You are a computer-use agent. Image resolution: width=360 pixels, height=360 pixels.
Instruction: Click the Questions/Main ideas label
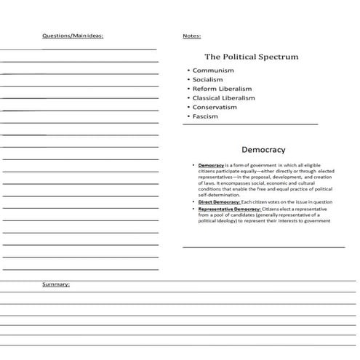click(x=73, y=36)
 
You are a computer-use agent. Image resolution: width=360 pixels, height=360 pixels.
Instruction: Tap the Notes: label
click(x=192, y=36)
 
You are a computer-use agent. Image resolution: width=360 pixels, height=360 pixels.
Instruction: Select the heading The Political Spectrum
click(x=251, y=56)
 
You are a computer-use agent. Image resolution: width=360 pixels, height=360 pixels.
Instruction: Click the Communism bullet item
click(x=213, y=71)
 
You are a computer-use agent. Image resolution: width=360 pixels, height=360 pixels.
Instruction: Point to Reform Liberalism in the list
click(x=222, y=89)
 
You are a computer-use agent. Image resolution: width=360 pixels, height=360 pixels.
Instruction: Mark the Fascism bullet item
click(x=205, y=116)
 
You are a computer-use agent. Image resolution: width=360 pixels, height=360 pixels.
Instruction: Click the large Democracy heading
click(x=263, y=149)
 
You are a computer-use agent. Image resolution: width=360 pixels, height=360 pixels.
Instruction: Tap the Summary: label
click(x=56, y=284)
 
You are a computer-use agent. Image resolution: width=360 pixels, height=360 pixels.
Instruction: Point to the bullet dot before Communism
click(x=188, y=71)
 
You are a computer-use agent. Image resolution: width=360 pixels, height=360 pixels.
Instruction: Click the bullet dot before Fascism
click(x=188, y=116)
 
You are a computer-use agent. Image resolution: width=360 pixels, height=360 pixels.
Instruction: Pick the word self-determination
click(x=223, y=195)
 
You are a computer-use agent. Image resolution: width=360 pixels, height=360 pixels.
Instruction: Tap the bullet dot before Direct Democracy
click(x=194, y=201)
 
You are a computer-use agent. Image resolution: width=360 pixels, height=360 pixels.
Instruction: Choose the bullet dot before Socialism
click(x=188, y=79)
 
